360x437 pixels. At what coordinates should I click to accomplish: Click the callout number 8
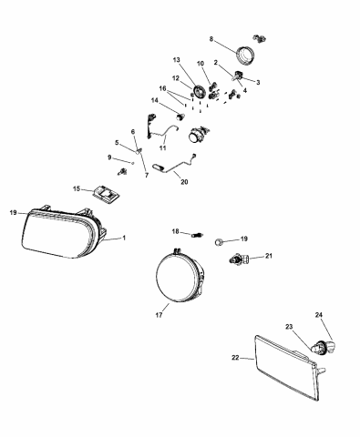(x=211, y=40)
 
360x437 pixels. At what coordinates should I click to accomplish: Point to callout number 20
(x=184, y=180)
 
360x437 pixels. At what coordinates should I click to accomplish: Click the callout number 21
(x=269, y=258)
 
